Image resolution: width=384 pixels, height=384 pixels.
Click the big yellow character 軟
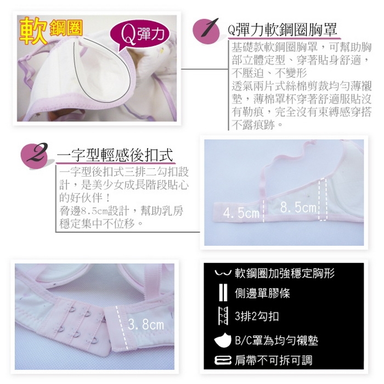click(33, 31)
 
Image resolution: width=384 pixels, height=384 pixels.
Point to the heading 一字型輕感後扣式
click(115, 155)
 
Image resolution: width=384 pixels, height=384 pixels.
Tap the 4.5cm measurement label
click(241, 213)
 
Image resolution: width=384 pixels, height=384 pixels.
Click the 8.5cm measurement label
click(298, 207)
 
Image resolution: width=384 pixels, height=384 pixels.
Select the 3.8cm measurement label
click(146, 324)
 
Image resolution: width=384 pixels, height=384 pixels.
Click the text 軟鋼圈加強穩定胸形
click(285, 273)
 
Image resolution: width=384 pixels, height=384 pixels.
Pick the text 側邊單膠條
click(262, 293)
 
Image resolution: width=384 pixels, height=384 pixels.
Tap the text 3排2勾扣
click(257, 316)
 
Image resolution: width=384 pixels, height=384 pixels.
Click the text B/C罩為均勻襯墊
click(276, 340)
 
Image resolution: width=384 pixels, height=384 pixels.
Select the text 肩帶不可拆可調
click(273, 360)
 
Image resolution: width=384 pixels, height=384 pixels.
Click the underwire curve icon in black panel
click(223, 272)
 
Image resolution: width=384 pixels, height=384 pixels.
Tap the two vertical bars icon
click(223, 292)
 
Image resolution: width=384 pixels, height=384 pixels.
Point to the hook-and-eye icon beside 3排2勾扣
click(223, 316)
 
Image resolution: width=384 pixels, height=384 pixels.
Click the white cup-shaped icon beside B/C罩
click(223, 340)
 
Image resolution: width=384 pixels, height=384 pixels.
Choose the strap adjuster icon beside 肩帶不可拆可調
click(223, 360)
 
